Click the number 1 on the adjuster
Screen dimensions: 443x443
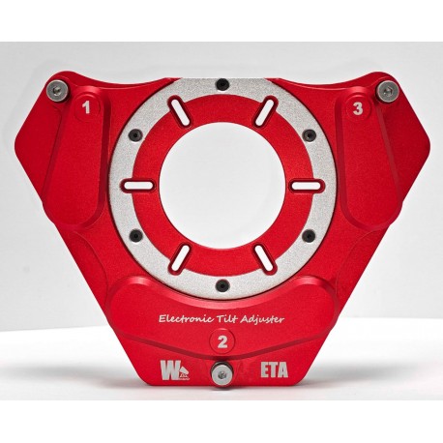[88, 109]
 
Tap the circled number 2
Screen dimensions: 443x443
[223, 340]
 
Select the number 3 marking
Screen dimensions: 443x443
[358, 109]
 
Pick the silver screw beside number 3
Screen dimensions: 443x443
[388, 91]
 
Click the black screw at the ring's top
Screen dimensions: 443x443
[222, 83]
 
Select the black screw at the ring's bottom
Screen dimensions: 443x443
[222, 284]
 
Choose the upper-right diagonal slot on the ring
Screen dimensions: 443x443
[264, 113]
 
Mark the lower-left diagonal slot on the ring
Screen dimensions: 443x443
[180, 255]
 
